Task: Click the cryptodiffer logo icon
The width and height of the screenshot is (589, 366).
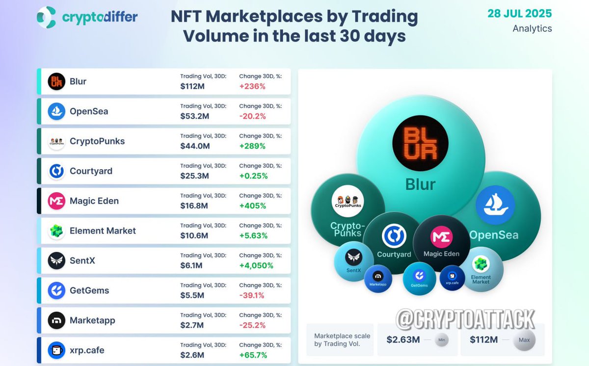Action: (47, 17)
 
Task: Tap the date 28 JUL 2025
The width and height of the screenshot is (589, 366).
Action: (519, 13)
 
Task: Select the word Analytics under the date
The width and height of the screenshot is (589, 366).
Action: (532, 28)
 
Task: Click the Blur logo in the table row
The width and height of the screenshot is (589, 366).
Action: (56, 81)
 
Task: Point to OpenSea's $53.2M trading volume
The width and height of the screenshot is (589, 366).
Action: (195, 116)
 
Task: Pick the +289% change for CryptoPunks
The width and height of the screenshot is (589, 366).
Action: (252, 146)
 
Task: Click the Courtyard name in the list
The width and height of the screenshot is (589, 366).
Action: (91, 171)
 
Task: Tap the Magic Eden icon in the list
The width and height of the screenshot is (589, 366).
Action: (56, 201)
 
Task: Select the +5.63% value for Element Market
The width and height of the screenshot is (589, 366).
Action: (253, 235)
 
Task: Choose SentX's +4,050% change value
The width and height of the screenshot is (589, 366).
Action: (256, 265)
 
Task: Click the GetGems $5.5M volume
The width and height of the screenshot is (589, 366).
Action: (193, 295)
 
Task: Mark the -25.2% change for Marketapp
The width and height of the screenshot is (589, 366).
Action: (252, 325)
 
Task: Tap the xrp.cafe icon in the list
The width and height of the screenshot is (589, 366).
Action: (56, 350)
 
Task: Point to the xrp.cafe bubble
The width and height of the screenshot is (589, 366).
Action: (452, 278)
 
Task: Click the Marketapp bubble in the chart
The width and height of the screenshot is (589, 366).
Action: (378, 278)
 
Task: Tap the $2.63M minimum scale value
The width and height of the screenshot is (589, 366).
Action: (402, 340)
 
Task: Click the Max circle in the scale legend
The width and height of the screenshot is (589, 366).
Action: (524, 340)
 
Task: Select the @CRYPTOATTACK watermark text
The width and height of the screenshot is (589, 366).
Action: (465, 319)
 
